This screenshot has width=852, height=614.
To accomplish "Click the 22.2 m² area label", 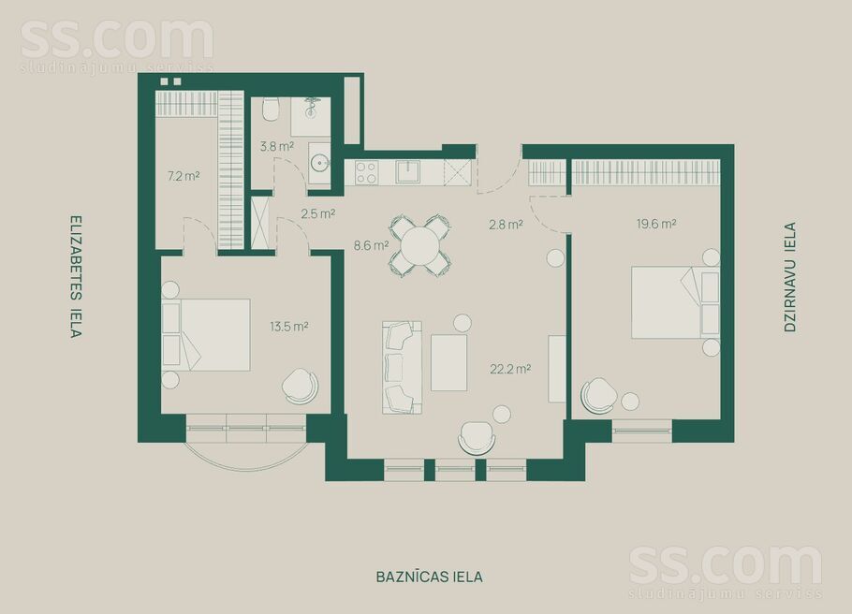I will [x=511, y=369].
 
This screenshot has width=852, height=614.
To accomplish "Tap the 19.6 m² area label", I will [x=656, y=224].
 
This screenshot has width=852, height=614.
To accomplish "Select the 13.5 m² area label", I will [x=289, y=327].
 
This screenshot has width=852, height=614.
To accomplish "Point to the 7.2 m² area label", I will [x=184, y=175].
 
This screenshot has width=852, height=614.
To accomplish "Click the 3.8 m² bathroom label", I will [x=276, y=146].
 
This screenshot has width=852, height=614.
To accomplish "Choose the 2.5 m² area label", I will [x=318, y=213].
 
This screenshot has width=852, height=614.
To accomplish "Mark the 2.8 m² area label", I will [x=506, y=224].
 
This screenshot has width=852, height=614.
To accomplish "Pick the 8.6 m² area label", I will [x=371, y=246].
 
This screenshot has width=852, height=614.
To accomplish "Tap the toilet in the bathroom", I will [x=271, y=110].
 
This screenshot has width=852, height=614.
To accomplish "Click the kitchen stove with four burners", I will [x=366, y=172].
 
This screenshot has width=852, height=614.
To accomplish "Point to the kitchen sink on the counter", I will [x=407, y=171].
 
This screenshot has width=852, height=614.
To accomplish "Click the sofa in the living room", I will [x=401, y=367].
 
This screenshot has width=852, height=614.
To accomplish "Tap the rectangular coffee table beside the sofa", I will [x=448, y=362].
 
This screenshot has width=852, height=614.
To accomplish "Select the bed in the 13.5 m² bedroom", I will [x=211, y=334].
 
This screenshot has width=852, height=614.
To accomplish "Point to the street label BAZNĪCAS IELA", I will [x=424, y=577].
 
